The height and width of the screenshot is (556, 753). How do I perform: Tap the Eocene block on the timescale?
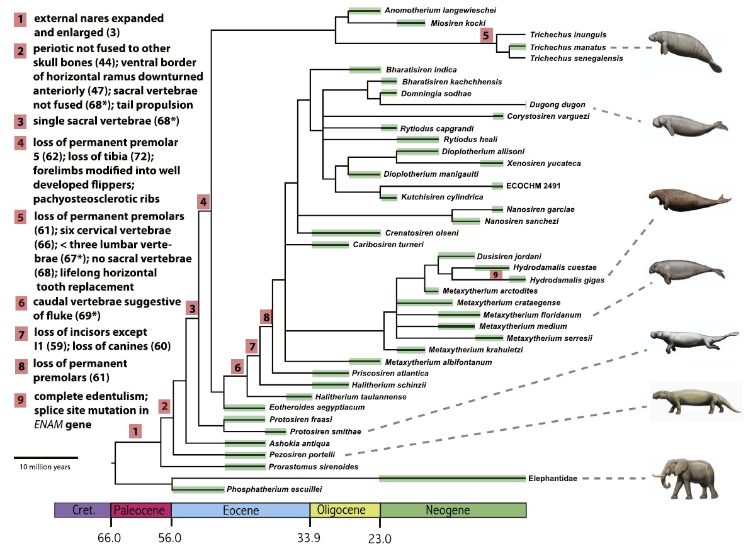(241, 510)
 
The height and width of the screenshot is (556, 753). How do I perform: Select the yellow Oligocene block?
(344, 510)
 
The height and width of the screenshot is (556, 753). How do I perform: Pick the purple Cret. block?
(82, 510)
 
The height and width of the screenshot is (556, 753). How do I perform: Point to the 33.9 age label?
(309, 538)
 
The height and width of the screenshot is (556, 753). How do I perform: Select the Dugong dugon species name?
(558, 104)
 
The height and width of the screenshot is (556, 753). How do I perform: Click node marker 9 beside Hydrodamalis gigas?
(495, 275)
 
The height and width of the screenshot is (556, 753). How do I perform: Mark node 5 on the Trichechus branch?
(485, 35)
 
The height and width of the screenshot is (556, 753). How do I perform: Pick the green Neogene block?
(453, 510)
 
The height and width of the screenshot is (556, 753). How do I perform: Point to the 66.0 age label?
(110, 538)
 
